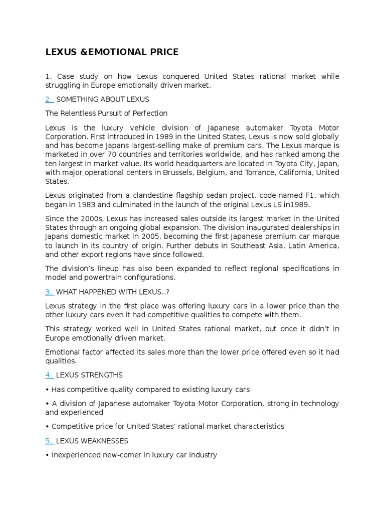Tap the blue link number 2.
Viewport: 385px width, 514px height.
pos(49,99)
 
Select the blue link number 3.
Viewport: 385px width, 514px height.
pos(49,292)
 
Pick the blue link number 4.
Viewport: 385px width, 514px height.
pos(49,375)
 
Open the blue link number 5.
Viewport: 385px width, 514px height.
pos(49,441)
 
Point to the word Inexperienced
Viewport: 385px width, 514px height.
pos(75,455)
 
